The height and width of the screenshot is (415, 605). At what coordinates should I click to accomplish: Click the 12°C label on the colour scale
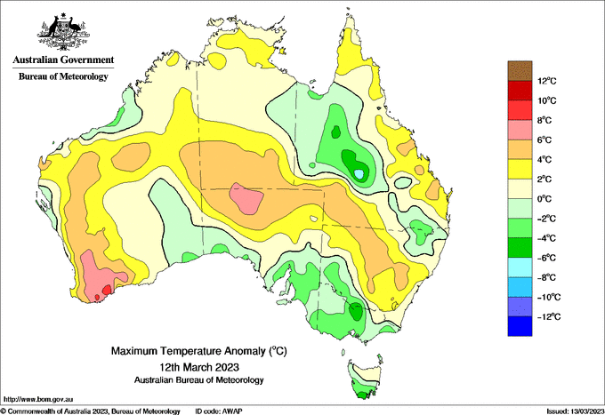547,81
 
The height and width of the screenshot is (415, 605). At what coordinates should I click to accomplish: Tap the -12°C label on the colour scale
549,316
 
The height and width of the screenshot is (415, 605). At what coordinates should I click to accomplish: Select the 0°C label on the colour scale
544,199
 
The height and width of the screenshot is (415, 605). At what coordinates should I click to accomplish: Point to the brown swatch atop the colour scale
520,71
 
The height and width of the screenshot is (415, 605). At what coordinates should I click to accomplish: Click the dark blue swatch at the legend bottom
520,326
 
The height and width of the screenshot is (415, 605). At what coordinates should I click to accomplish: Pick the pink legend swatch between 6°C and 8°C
520,130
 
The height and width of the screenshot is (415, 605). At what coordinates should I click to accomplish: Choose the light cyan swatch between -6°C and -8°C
520,267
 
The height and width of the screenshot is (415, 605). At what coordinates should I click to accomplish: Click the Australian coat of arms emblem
63,32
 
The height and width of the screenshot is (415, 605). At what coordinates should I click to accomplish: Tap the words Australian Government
63,60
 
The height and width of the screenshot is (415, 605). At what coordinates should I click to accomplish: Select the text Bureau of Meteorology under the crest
63,76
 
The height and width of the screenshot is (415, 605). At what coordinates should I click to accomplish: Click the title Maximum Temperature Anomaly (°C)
199,351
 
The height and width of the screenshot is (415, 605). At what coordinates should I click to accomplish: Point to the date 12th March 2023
199,366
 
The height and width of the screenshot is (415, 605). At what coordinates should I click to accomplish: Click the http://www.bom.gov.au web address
38,399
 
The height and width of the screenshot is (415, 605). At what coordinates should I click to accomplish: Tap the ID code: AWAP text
219,411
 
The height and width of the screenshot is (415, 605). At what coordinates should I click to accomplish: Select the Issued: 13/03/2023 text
576,411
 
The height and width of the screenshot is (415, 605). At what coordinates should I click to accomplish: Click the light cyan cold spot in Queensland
359,174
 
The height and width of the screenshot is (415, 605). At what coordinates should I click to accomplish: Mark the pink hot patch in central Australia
246,197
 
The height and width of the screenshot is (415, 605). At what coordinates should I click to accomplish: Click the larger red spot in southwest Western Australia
107,289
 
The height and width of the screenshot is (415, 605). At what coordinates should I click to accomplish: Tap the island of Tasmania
366,379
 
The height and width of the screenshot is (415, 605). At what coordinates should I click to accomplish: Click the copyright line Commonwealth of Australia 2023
90,411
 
